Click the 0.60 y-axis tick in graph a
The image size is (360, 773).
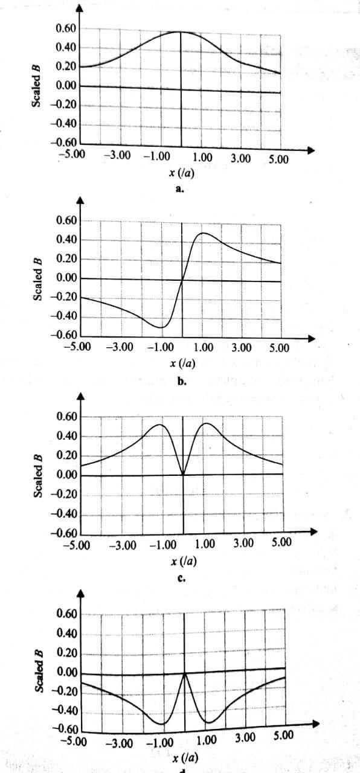pyautogui.click(x=66, y=28)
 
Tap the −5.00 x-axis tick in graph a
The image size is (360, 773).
pyautogui.click(x=71, y=154)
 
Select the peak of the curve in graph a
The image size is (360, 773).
pyautogui.click(x=180, y=32)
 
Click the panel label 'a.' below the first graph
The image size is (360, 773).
pyautogui.click(x=179, y=189)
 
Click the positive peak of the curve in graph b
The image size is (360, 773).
pyautogui.click(x=203, y=233)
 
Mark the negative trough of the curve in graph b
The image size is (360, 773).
pyautogui.click(x=161, y=327)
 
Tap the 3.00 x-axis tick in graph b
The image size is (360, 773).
pyautogui.click(x=241, y=347)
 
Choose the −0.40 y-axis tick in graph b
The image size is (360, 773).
pyautogui.click(x=64, y=316)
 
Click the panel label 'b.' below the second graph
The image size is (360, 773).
pyautogui.click(x=182, y=382)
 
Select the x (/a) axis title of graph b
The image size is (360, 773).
pyautogui.click(x=182, y=364)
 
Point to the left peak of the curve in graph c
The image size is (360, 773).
pyautogui.click(x=159, y=425)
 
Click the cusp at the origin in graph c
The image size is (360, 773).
pyautogui.click(x=183, y=475)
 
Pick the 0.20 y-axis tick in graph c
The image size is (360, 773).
pyautogui.click(x=66, y=456)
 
